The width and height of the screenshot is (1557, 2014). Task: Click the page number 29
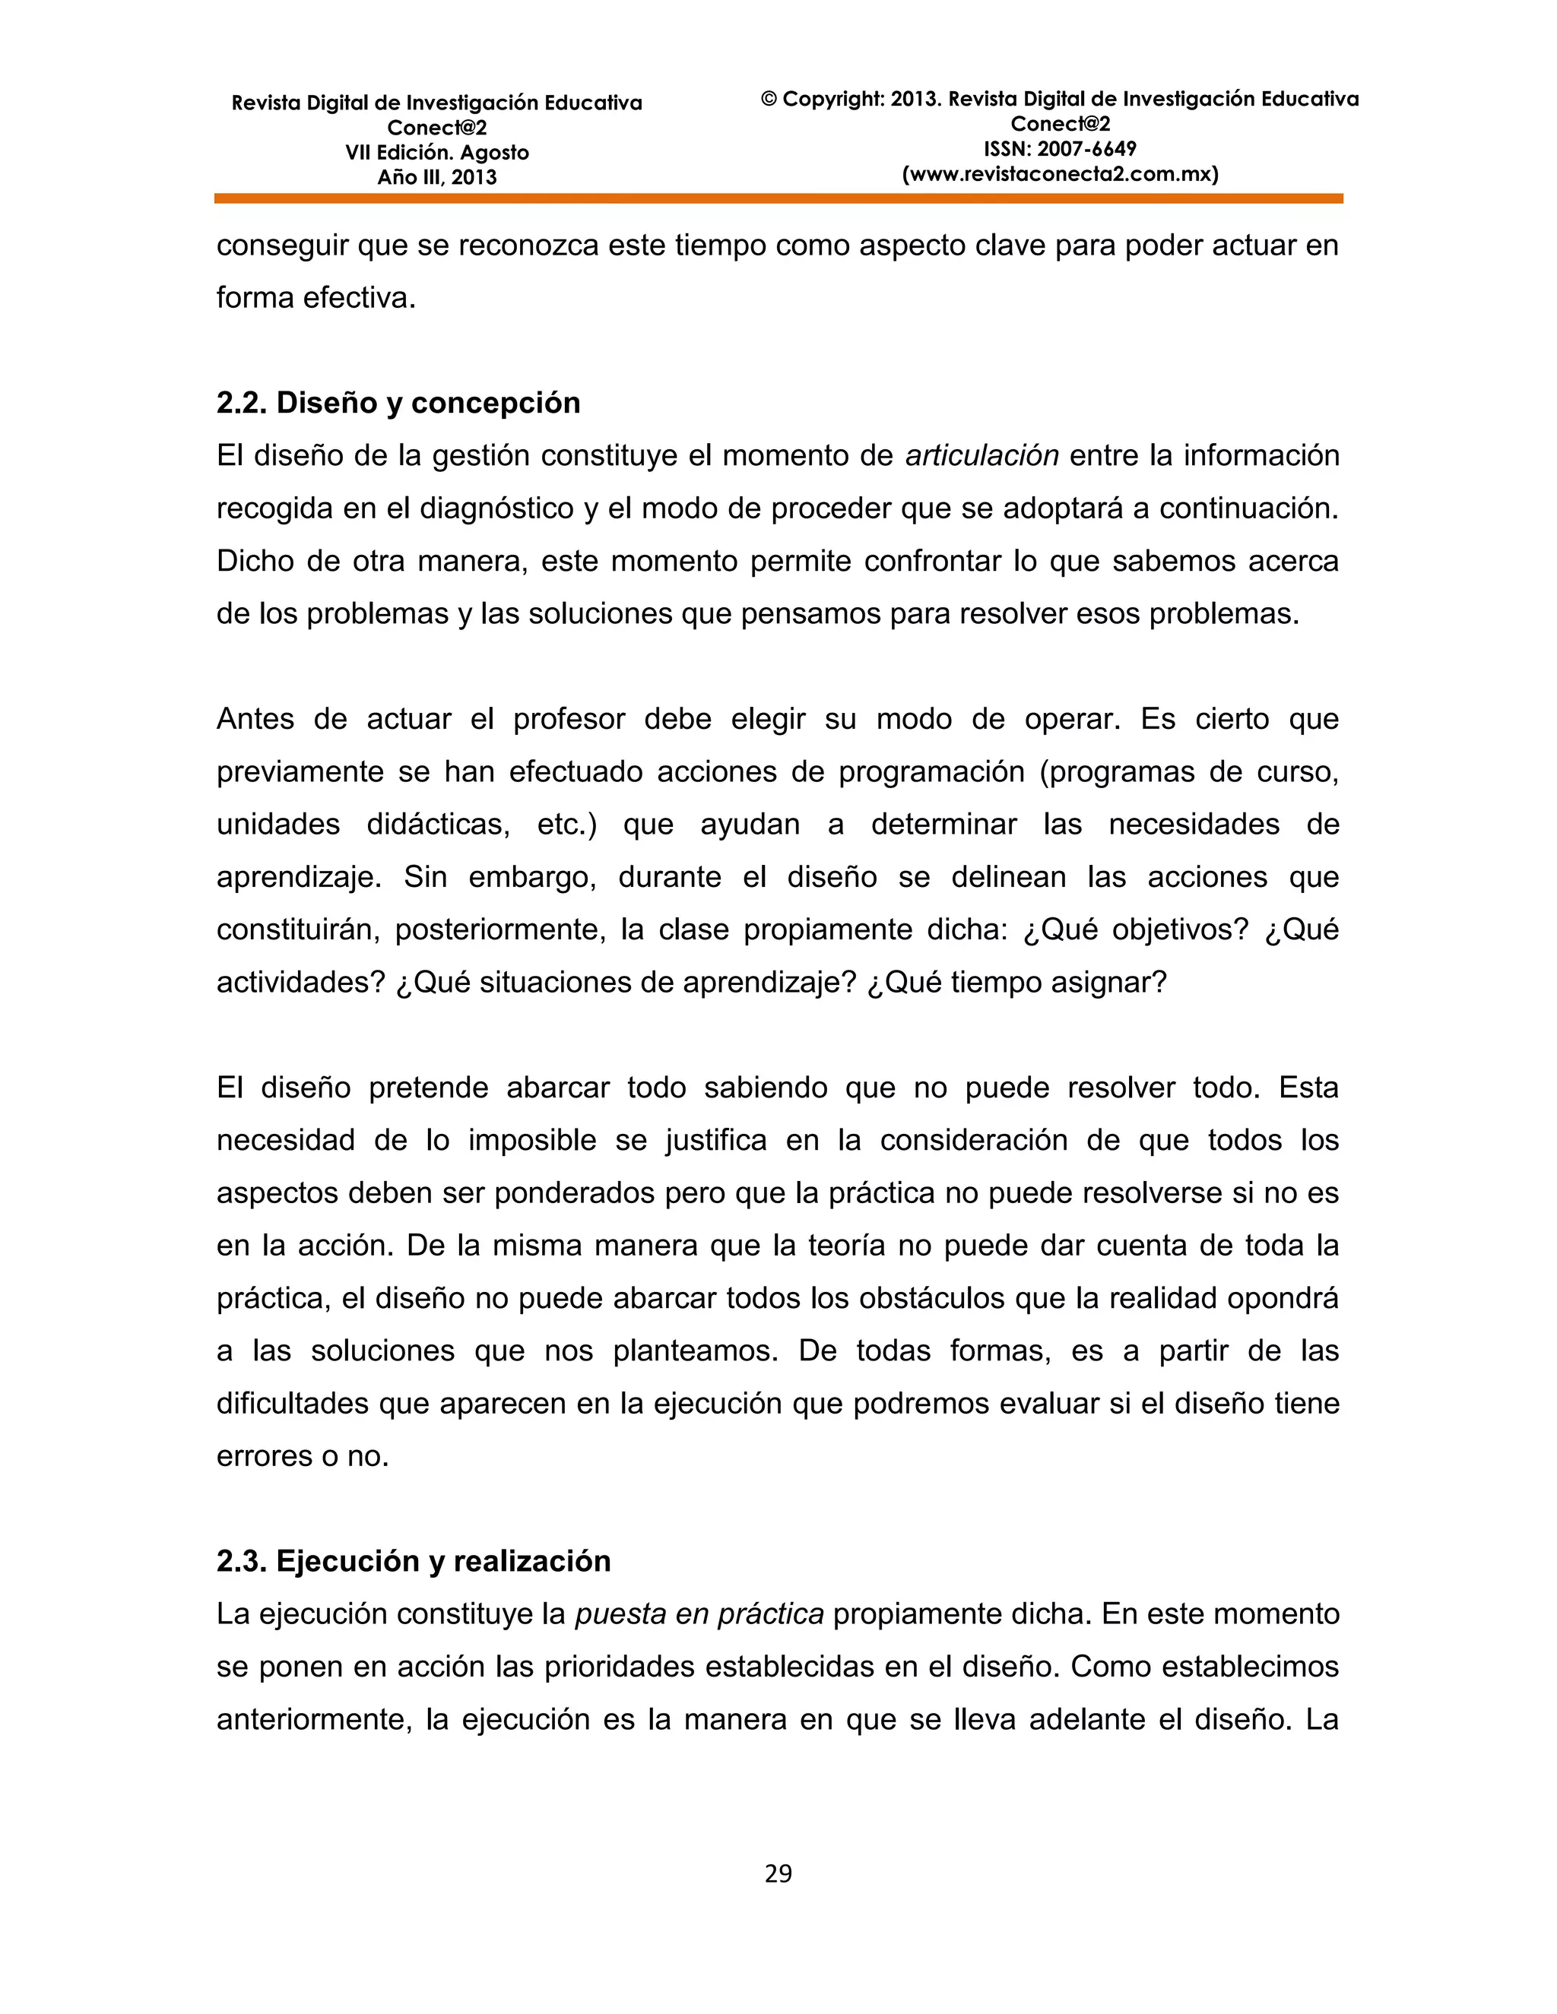778,1873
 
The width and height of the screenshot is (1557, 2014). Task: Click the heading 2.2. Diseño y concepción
398,403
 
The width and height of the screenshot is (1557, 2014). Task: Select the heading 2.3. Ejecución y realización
414,1561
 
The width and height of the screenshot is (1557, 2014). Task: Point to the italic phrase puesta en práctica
699,1613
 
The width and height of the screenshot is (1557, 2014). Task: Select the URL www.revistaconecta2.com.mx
1060,174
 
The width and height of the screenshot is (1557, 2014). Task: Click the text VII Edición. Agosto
436,153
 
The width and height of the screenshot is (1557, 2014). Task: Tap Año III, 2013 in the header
436,178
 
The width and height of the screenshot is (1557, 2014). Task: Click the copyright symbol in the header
769,100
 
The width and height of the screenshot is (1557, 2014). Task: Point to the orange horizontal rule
778,198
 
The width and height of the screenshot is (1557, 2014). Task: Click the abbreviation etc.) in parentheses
566,825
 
